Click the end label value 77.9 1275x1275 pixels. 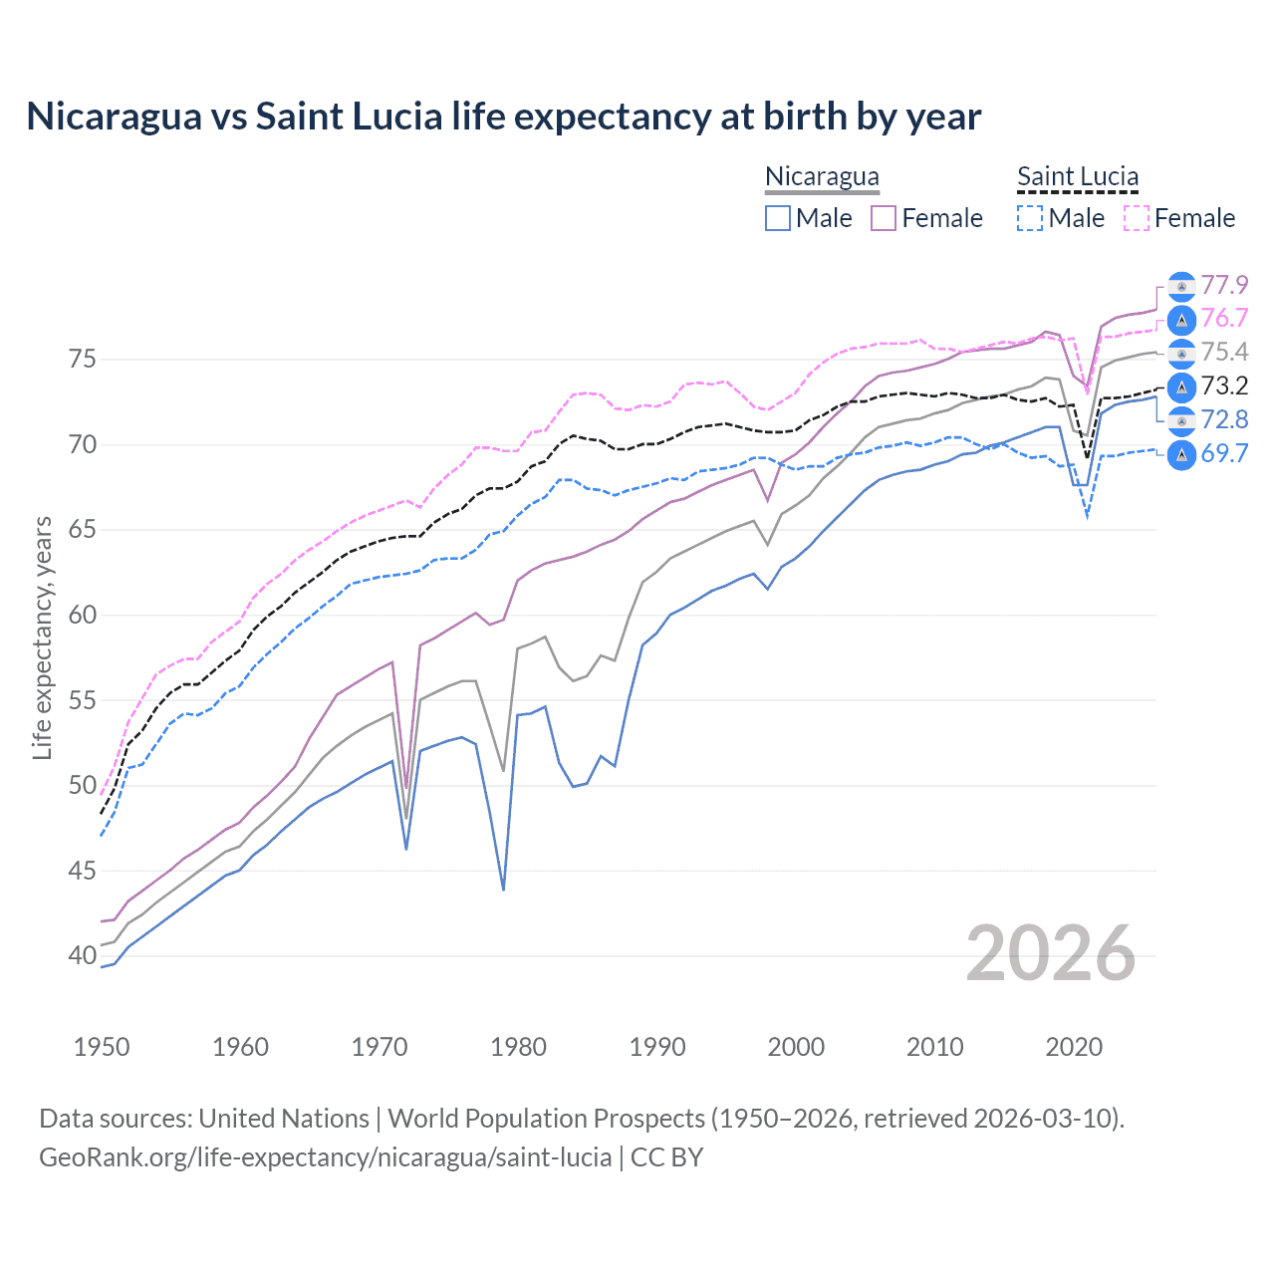1224,286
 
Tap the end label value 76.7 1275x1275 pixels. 1224,319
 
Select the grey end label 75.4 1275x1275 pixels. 1224,353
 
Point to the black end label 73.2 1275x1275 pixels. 1224,386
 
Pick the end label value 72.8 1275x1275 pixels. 1224,420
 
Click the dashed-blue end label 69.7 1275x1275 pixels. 1224,454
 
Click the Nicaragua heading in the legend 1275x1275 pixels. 822,176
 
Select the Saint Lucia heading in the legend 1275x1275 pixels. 1077,176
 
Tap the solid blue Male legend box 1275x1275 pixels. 778,218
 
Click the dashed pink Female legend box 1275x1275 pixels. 1137,218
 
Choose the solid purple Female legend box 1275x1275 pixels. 884,218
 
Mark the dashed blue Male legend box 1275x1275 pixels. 1030,218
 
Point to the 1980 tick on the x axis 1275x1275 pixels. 518,1047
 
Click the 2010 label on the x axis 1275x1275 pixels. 934,1047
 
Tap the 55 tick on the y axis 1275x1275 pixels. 83,700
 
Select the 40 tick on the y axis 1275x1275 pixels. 83,956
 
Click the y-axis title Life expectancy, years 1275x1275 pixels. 42,637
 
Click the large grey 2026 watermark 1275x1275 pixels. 1051,953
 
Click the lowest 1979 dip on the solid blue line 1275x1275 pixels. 503,889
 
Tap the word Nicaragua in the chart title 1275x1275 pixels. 113,117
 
